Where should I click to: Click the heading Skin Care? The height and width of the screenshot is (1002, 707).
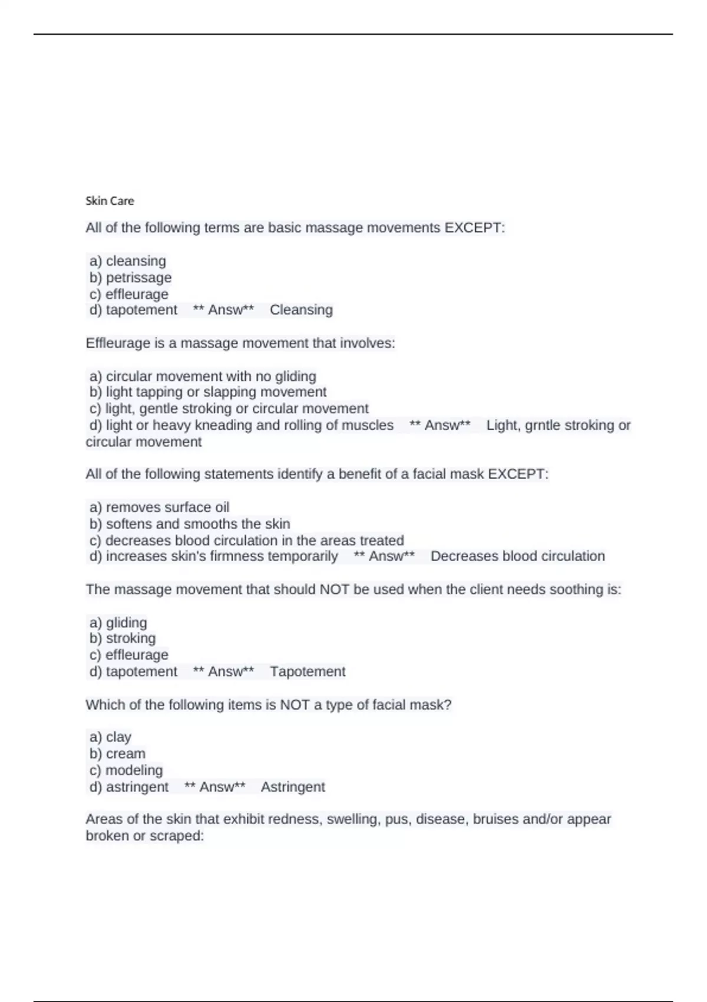pos(110,201)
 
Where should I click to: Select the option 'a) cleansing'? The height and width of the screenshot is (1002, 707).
pos(127,261)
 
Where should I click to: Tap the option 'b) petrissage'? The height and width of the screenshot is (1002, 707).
pos(130,278)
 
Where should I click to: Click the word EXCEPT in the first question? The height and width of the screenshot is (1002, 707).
pos(474,228)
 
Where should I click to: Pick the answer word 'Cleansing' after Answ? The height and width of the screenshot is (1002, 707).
pos(301,310)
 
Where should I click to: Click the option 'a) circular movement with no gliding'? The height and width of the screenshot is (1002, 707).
pos(203,376)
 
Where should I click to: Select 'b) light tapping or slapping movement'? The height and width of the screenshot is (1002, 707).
pos(208,392)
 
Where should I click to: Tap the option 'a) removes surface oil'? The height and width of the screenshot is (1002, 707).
pos(159,507)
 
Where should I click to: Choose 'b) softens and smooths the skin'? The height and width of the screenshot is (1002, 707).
pos(190,524)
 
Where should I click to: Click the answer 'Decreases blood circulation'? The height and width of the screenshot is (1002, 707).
pos(517,556)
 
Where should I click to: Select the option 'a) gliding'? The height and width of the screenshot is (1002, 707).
pos(118,622)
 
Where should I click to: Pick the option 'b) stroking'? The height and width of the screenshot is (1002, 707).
pos(123,638)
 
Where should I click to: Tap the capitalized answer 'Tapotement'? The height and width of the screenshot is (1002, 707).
pos(308,672)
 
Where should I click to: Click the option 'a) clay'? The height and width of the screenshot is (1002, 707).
pos(110,737)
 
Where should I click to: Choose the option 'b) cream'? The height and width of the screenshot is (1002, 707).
pos(117,754)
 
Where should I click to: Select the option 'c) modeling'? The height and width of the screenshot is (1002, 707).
pos(126,770)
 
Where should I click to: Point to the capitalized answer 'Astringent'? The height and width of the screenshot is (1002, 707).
pos(293,787)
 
